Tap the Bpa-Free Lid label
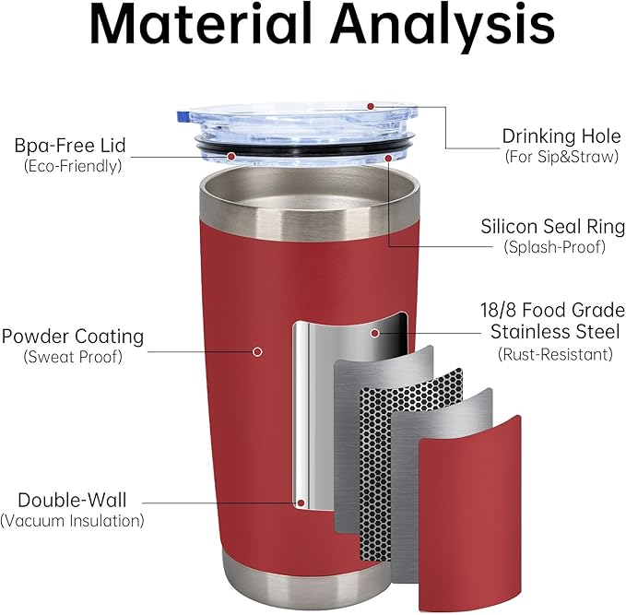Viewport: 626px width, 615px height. [69, 146]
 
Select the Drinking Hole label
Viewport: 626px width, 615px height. [561, 136]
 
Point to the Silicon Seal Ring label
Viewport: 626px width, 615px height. [553, 226]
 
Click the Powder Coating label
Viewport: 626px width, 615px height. [73, 336]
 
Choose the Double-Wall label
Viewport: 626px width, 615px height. [72, 501]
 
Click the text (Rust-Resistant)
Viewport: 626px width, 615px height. [555, 353]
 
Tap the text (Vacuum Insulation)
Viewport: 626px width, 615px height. [73, 521]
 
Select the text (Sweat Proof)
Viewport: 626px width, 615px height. [73, 356]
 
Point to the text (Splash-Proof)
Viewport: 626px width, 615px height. [553, 246]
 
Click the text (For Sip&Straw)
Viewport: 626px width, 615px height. [561, 157]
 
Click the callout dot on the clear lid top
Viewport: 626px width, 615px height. [371, 106]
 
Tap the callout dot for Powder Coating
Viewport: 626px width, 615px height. [257, 350]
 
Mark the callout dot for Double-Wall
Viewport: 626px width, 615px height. [301, 503]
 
